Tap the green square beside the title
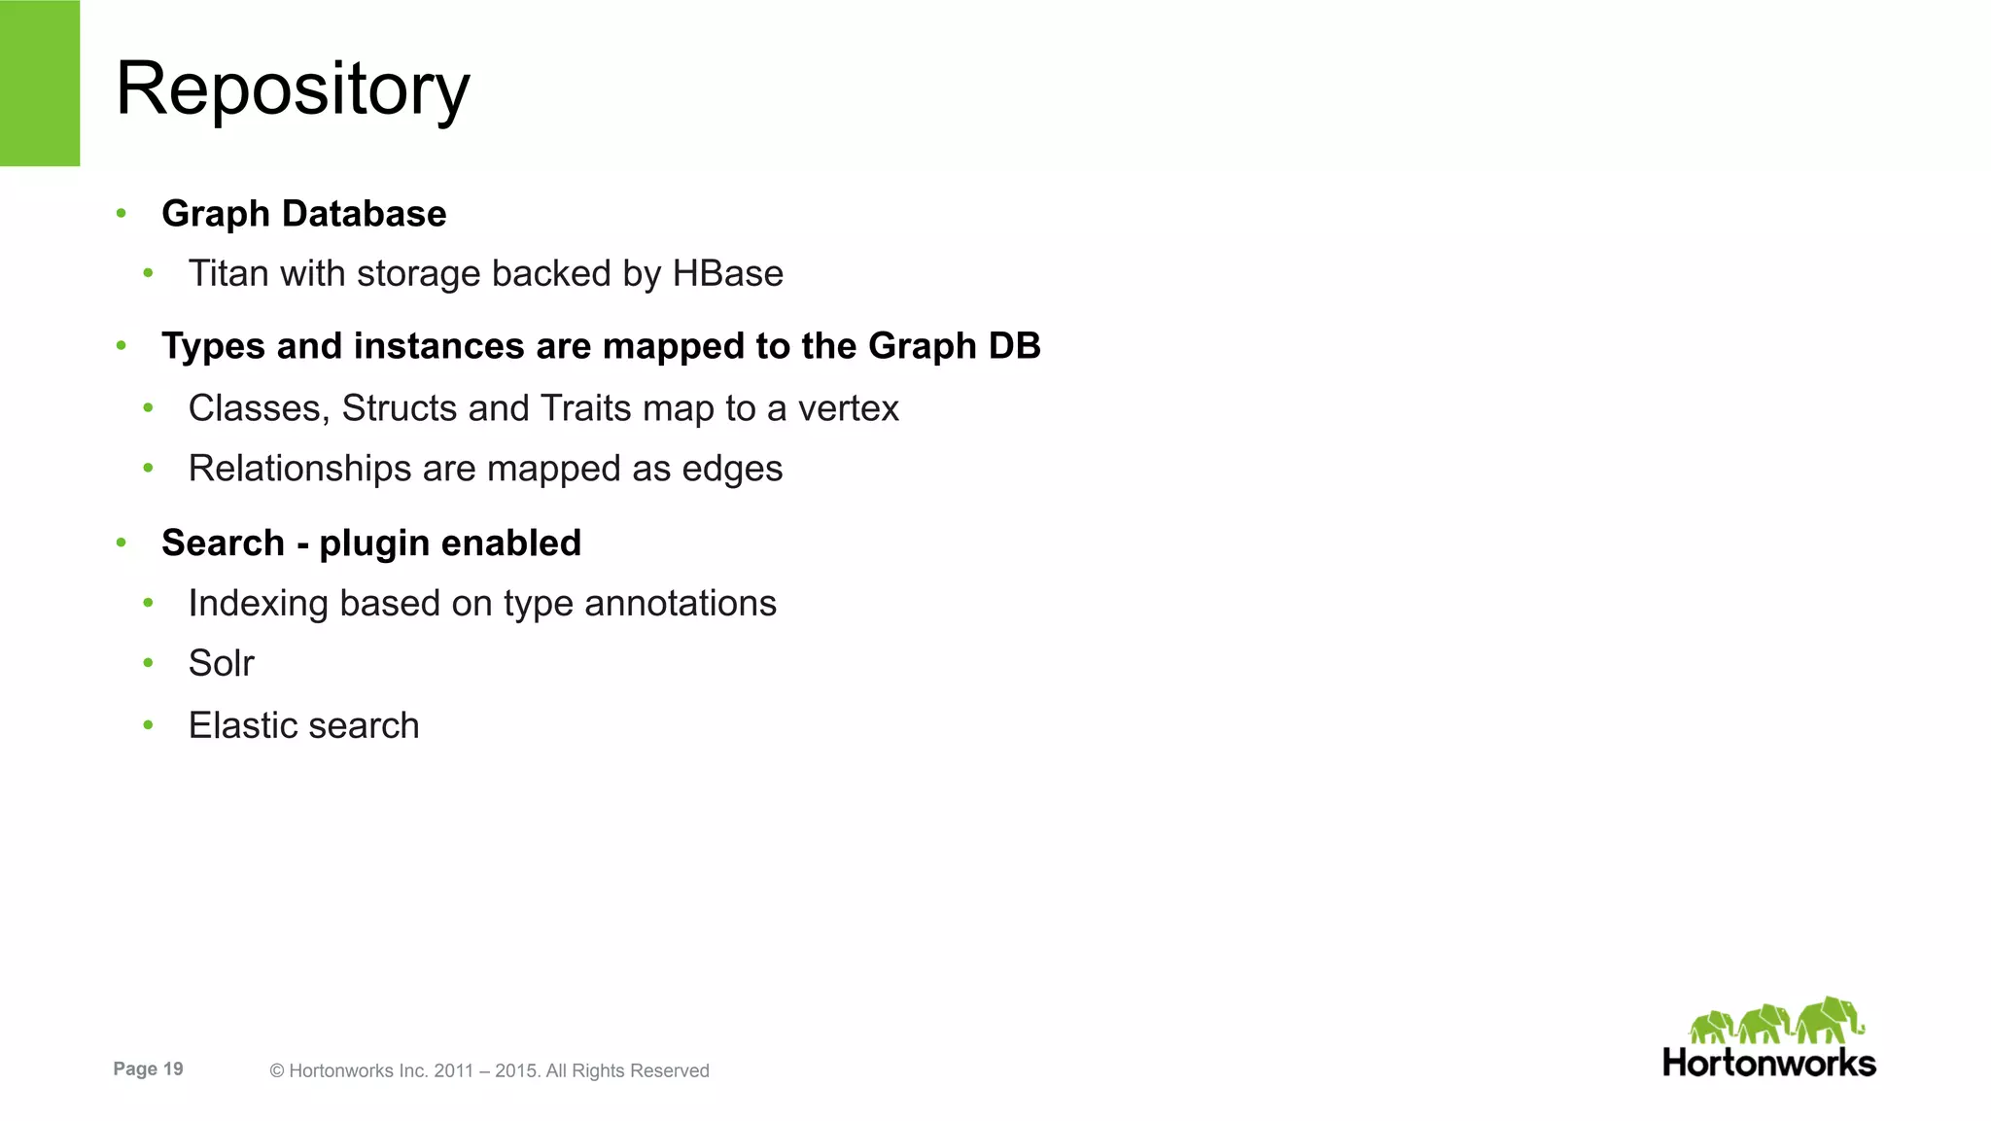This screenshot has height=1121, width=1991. pyautogui.click(x=39, y=83)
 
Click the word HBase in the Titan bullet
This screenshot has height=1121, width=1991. pyautogui.click(x=727, y=274)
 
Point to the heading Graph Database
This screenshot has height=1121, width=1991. pyautogui.click(x=303, y=214)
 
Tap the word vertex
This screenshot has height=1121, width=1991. pyautogui.click(x=848, y=408)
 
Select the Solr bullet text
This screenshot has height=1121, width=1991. pyautogui.click(x=221, y=664)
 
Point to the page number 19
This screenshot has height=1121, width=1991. pyautogui.click(x=173, y=1069)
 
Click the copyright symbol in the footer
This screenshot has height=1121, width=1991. pyautogui.click(x=277, y=1071)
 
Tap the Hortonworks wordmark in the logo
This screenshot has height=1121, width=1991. pyautogui.click(x=1768, y=1063)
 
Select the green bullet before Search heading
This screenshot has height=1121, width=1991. pyautogui.click(x=122, y=543)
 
